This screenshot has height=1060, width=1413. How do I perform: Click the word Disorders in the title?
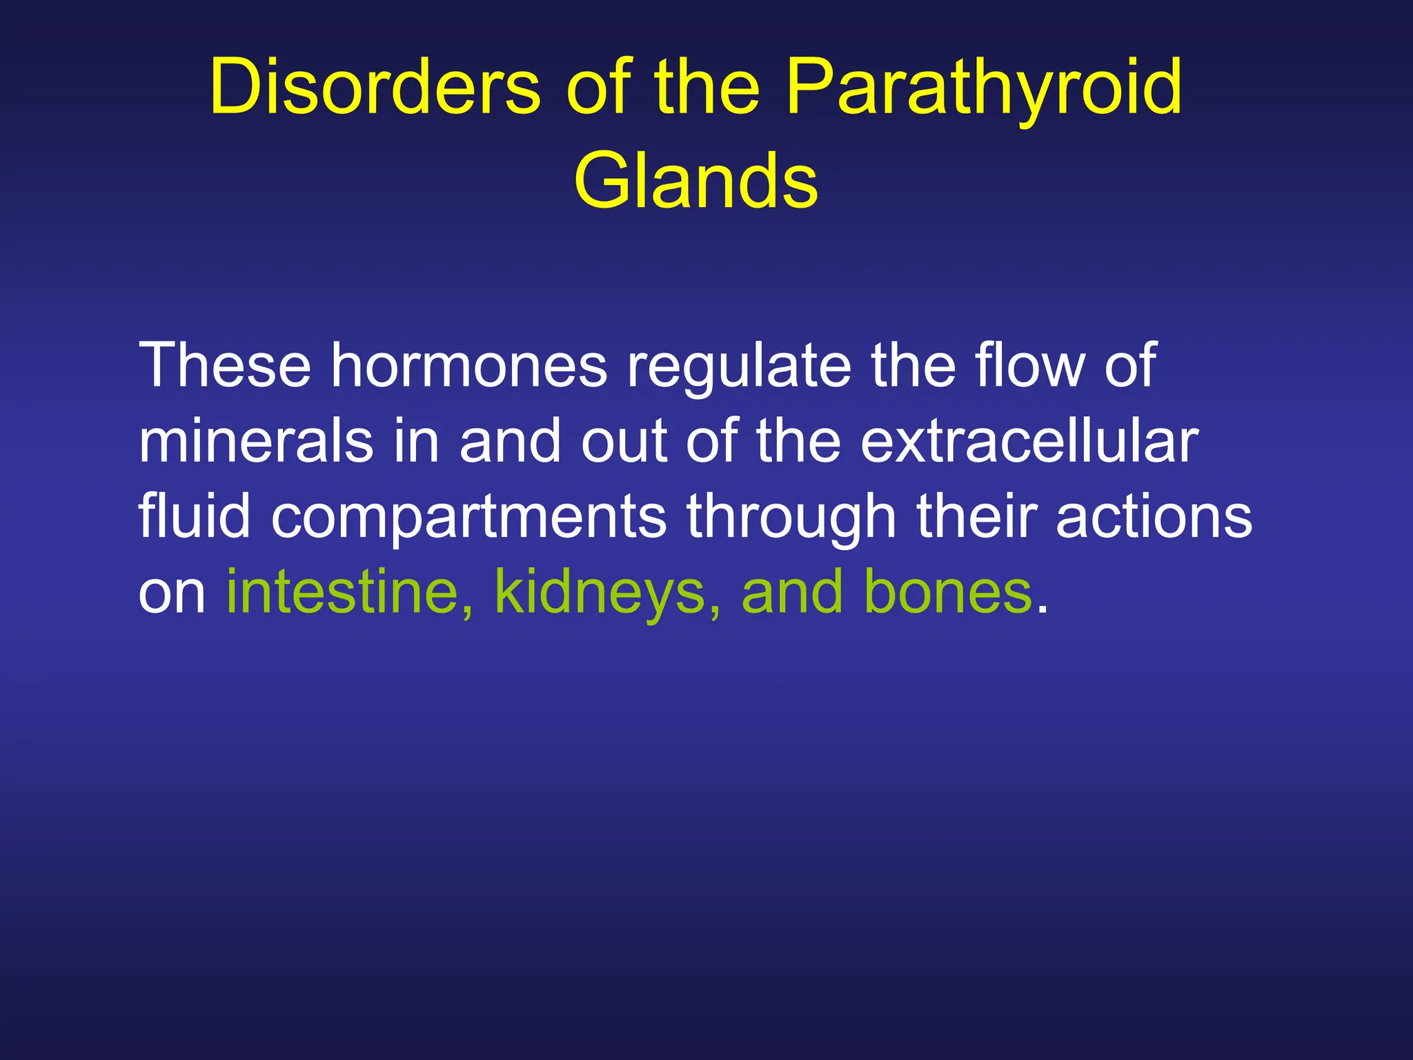coord(375,88)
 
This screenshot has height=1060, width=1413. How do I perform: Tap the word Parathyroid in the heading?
coord(984,88)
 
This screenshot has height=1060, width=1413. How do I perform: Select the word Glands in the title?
coord(695,181)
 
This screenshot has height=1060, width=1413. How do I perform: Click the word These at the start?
coord(225,366)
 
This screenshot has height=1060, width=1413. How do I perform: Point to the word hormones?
coord(469,366)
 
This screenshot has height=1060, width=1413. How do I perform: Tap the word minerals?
coord(256,442)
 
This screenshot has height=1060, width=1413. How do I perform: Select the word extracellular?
coord(1029,442)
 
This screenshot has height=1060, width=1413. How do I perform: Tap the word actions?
coord(1154,518)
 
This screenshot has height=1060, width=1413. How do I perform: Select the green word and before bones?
coord(791,592)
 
